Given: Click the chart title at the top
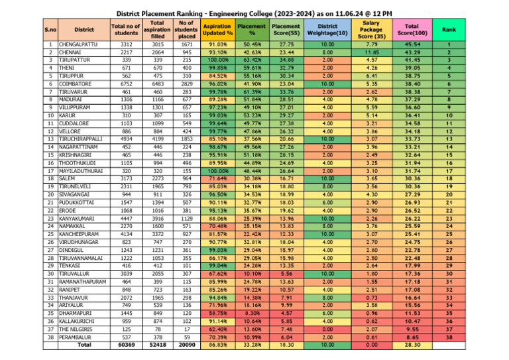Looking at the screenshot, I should [x=254, y=13].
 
